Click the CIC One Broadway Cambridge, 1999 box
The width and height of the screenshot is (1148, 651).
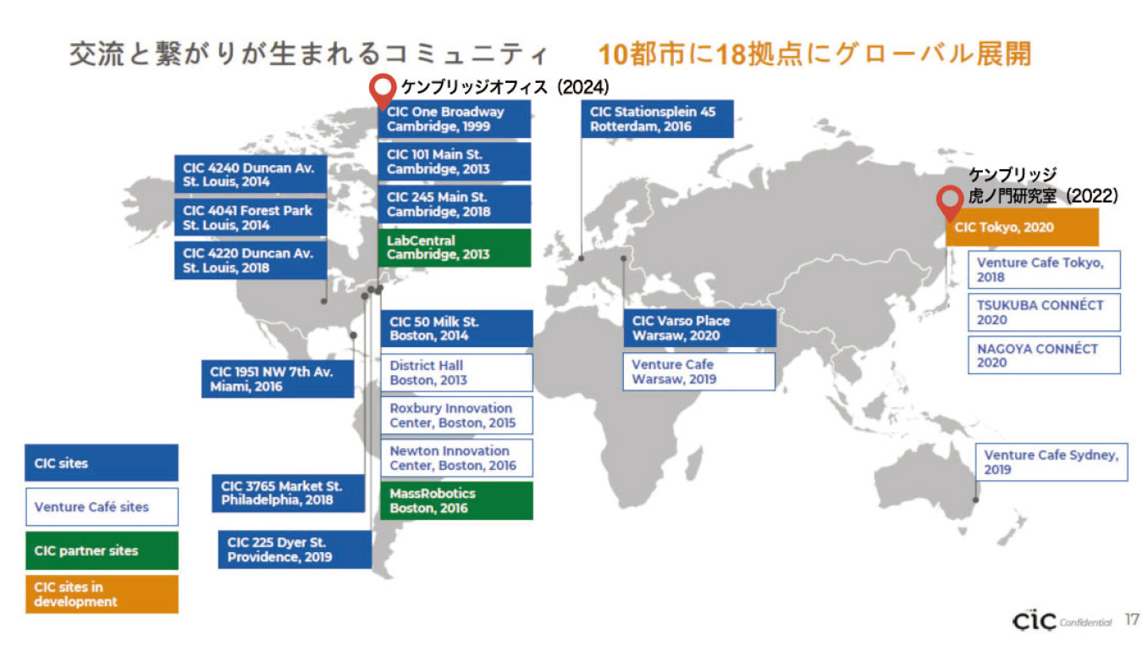coord(454,119)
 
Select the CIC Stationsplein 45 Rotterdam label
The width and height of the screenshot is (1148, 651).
coord(657,119)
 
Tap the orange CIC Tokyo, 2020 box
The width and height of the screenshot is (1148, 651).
coord(1023,227)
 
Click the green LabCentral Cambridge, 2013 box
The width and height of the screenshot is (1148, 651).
coord(454,247)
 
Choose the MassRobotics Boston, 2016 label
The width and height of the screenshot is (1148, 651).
coord(456,501)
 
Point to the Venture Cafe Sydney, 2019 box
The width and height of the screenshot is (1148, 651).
coord(1051,462)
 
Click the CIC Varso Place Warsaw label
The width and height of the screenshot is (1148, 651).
coord(699,328)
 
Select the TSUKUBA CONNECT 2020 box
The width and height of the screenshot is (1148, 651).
coord(1044,312)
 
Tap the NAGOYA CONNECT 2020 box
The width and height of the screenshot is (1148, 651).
coord(1044,356)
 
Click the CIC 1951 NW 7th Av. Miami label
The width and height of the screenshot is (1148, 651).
coord(278,378)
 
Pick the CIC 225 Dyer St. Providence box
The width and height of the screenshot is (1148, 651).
coord(295,549)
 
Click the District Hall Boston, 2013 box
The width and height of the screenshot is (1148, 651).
coord(456,372)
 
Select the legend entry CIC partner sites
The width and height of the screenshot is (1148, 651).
coord(102,550)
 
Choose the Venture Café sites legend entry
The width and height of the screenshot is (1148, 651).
coord(102,506)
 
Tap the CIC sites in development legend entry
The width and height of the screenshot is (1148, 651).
coord(102,594)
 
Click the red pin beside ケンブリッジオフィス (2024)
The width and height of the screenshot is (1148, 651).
coord(383,91)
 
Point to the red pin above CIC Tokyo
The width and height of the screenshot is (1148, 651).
coord(950,201)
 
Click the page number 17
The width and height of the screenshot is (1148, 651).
coord(1132,620)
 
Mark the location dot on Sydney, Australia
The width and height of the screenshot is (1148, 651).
coord(976,499)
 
